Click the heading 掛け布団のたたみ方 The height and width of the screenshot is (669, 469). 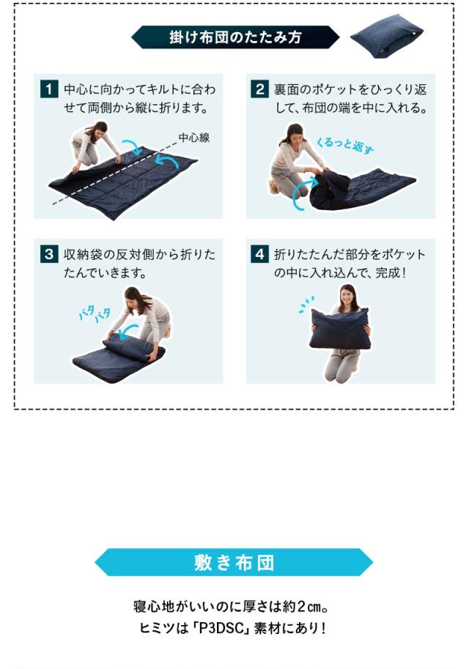point(234,37)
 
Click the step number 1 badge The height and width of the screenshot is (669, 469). point(48,91)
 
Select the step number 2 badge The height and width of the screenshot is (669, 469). point(260,91)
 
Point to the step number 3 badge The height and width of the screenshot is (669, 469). point(48,255)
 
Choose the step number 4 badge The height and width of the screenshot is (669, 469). point(260,255)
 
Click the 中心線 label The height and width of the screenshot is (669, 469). point(193,137)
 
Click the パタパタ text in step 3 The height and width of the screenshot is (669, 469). point(94,314)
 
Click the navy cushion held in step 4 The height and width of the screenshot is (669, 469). point(340,329)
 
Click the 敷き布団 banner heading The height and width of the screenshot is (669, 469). point(234,562)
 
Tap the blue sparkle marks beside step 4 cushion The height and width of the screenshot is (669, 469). point(306,304)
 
